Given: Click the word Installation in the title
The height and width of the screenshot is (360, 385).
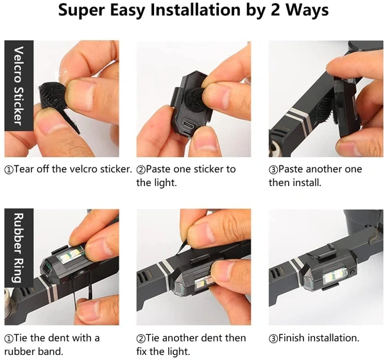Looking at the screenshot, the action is click(195, 10).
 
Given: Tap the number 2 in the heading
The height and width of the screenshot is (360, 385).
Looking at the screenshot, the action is click(275, 10).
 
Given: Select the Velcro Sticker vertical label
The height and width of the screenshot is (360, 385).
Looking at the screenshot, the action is click(19, 85).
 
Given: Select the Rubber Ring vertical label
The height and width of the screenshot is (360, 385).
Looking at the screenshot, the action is click(19, 248).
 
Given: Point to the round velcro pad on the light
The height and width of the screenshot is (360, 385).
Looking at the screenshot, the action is click(195, 100).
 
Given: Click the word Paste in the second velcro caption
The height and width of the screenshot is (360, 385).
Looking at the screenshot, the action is click(158, 169).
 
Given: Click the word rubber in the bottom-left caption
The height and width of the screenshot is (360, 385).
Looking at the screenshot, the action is click(19, 352).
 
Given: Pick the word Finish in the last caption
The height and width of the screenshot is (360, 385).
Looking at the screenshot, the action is click(291, 338).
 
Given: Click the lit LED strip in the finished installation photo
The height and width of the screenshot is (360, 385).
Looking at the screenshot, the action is click(335, 277).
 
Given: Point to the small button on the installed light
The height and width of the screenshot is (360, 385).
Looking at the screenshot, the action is click(352, 272).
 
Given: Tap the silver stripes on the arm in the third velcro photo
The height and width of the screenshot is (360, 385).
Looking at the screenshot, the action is click(300, 118).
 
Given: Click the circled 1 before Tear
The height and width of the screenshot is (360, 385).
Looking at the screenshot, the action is click(8, 169).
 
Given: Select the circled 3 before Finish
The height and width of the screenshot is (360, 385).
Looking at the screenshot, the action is click(273, 339).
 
